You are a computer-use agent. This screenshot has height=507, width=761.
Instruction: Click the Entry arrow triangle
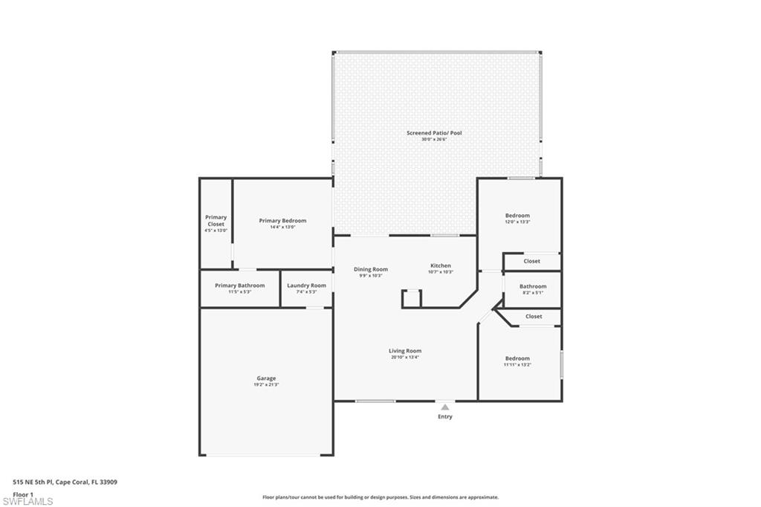pos(444,407)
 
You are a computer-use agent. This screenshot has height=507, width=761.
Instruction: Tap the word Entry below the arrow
pos(444,417)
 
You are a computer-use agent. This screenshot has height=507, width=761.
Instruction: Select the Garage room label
pos(266,378)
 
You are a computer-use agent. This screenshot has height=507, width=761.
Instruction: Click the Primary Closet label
pos(216,221)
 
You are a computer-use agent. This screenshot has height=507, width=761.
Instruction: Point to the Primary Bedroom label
pos(282,221)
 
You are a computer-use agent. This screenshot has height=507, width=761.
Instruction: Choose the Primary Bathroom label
pos(239,285)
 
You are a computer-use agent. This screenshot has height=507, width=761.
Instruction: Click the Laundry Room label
pos(306,285)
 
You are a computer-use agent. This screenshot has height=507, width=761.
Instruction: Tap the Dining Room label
pos(370,269)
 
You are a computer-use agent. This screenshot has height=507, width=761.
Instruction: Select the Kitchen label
pos(441,265)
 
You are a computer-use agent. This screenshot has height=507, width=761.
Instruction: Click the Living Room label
pos(405,351)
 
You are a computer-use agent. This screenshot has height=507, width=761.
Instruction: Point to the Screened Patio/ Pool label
pos(434,133)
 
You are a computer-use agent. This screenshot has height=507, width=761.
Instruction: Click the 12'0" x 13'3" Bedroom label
pos(517,216)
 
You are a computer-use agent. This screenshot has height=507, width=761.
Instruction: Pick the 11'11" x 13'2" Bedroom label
pos(517,358)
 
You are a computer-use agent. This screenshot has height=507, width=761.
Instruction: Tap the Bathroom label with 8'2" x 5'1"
pos(533,286)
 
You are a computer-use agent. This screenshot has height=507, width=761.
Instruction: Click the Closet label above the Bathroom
pos(532,261)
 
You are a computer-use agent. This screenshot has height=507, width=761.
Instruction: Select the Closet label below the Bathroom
pos(534,316)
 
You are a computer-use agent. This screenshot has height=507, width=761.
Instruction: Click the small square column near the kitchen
pos(412,299)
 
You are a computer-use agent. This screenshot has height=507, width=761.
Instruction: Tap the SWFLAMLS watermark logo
pos(27,501)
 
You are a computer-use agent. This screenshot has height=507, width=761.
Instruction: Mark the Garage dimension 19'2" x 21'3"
pos(266,385)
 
